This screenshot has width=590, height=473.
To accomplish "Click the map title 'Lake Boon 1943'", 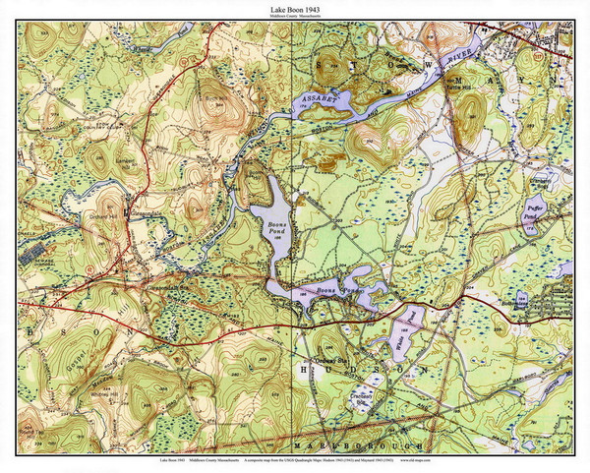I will [294, 9].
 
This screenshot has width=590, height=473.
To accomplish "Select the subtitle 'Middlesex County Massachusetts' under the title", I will [294, 17].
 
